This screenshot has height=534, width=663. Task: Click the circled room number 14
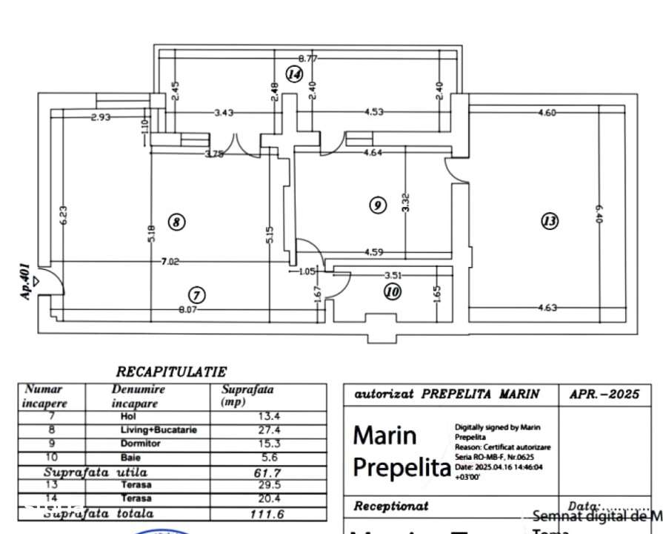(x=295, y=73)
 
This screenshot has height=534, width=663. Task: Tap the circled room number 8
(x=176, y=221)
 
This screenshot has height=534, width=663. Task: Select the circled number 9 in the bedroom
(x=378, y=205)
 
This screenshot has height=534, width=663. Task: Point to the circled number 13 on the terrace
(x=549, y=221)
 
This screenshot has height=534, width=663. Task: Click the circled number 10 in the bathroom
(x=393, y=292)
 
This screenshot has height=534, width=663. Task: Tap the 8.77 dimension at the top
(x=308, y=58)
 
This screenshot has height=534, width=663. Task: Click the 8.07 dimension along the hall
(x=187, y=310)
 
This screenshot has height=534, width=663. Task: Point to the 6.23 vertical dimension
(x=63, y=214)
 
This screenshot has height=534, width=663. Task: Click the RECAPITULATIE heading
(x=171, y=371)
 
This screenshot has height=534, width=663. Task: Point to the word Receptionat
(x=391, y=507)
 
